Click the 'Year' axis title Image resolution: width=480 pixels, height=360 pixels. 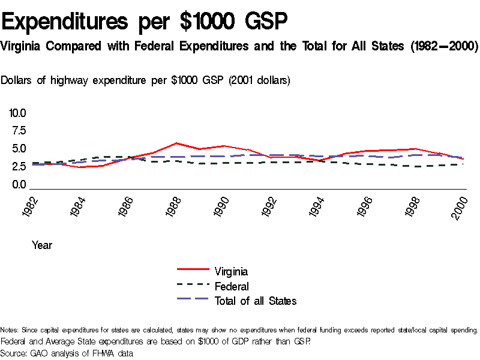click(x=42, y=245)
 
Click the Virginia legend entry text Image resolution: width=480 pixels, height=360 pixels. click(x=231, y=272)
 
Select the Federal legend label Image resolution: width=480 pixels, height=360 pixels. click(x=232, y=286)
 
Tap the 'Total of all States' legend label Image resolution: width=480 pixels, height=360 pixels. click(x=256, y=301)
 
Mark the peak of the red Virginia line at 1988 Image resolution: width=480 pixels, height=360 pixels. click(x=175, y=143)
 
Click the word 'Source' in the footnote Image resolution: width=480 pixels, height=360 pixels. click(x=13, y=353)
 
